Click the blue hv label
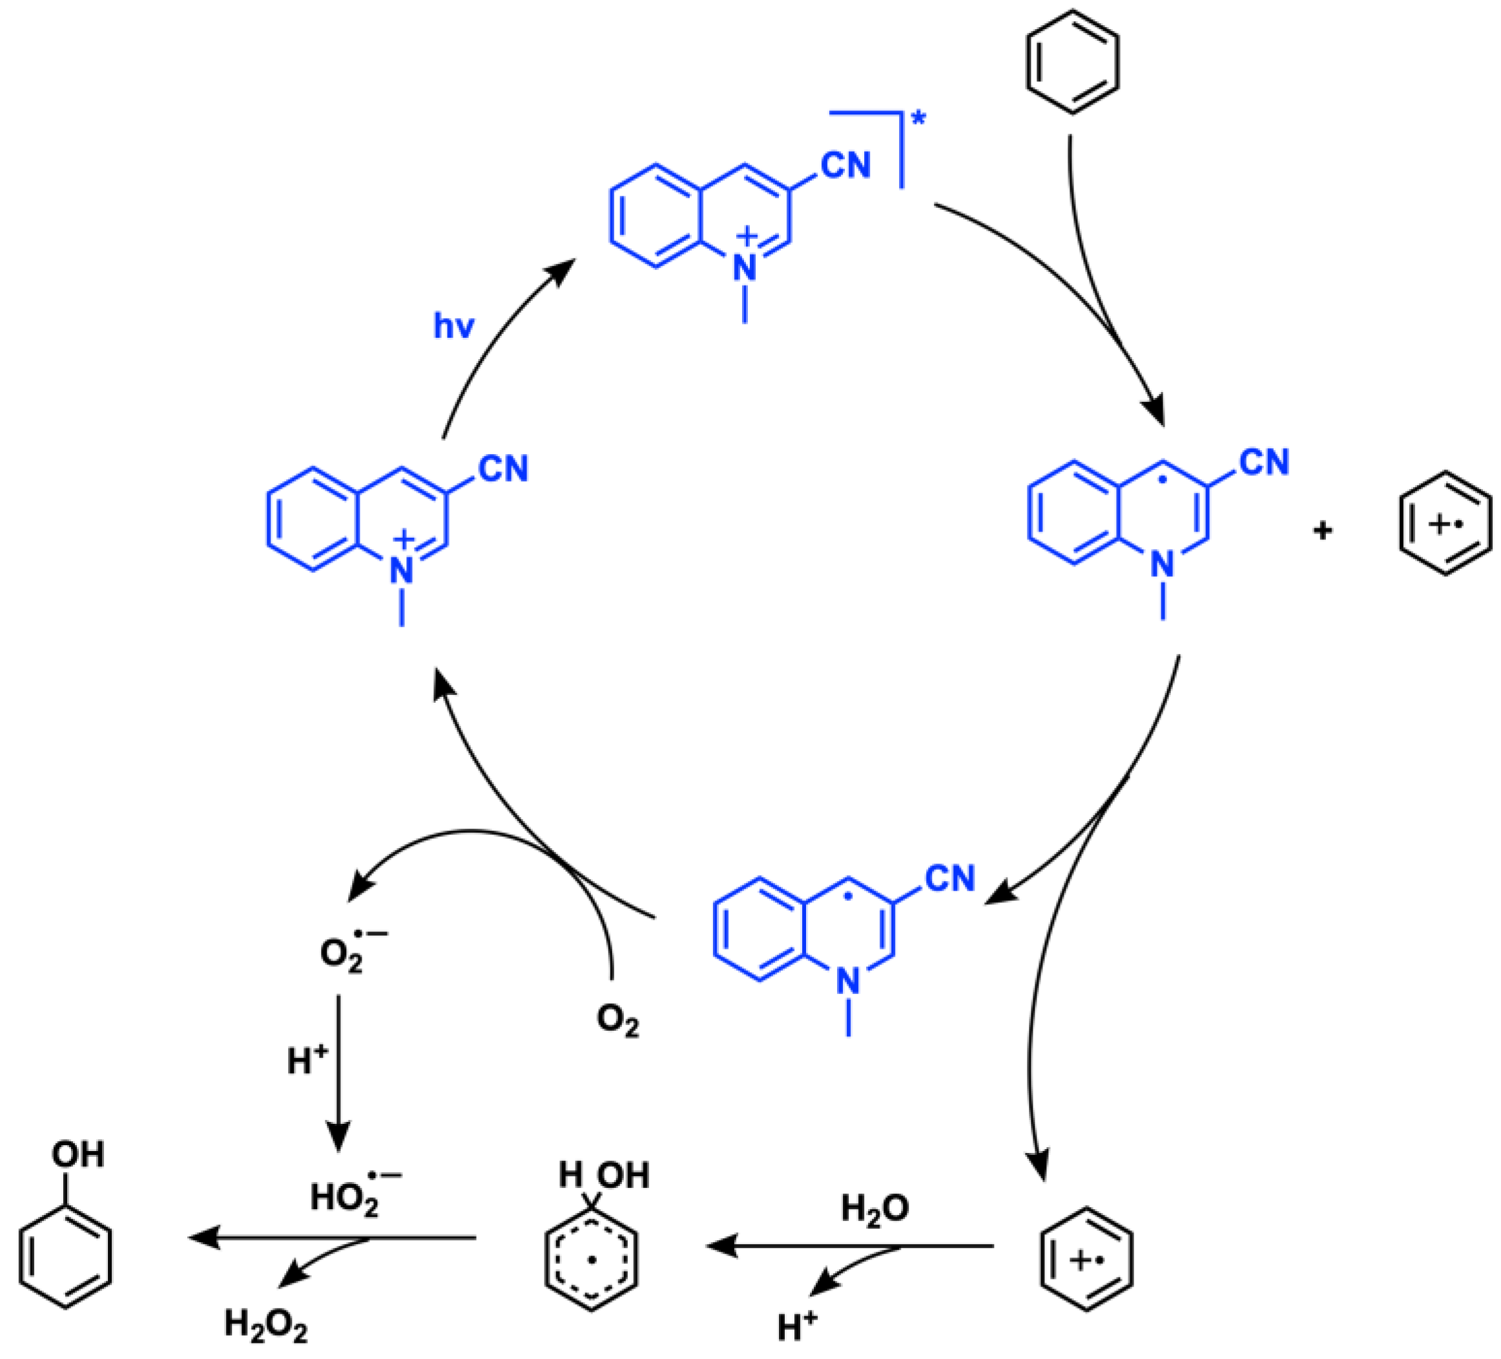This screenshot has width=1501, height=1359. tap(453, 326)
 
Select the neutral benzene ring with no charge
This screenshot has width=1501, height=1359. tap(1072, 62)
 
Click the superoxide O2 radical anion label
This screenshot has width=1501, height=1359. tap(350, 951)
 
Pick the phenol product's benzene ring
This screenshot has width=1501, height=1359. tap(65, 1256)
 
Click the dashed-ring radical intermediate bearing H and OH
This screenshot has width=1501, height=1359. tap(592, 1258)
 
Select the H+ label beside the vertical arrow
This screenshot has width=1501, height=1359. tap(307, 1061)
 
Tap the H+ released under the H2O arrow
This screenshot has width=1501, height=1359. tap(796, 1325)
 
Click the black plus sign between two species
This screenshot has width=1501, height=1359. tap(1322, 531)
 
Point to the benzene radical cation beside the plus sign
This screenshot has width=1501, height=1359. tap(1445, 523)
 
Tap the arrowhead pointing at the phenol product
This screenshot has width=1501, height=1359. tap(203, 1238)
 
